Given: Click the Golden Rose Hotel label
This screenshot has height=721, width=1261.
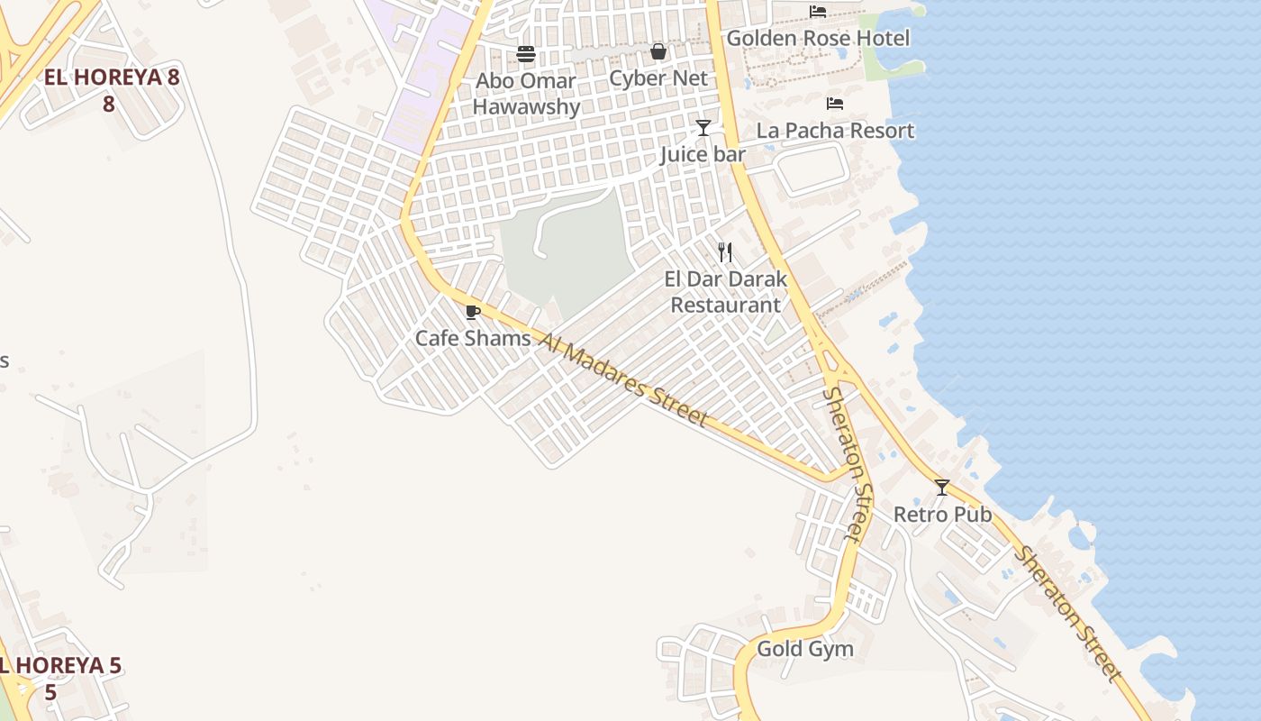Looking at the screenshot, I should click(x=818, y=39).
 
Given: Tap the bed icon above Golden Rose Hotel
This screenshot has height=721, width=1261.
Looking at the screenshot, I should click(x=818, y=12).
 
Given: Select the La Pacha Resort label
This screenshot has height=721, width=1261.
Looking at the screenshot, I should click(x=835, y=131).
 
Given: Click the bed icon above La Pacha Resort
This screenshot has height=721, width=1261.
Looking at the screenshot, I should click(x=835, y=104).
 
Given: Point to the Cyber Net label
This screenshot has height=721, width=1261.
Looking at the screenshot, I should click(x=658, y=78).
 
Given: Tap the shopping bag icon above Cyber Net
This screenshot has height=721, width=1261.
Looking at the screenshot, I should click(x=658, y=52).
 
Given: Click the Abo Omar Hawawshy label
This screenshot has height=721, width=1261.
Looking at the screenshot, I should click(x=526, y=94).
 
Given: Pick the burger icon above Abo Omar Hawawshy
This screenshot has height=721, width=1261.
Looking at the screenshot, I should click(x=526, y=54).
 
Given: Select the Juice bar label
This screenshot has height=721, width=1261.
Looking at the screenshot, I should click(x=703, y=154).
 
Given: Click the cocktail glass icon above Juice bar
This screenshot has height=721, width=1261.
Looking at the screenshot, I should click(x=703, y=128).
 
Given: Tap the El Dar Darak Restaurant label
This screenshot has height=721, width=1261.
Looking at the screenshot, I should click(x=726, y=292).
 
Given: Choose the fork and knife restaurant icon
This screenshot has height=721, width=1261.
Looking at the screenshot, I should click(x=725, y=251).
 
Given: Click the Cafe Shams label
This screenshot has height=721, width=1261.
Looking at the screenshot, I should click(x=473, y=339).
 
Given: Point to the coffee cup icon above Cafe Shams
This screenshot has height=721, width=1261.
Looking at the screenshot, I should click(x=472, y=313).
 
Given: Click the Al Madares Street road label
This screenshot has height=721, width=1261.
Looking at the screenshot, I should click(x=623, y=379).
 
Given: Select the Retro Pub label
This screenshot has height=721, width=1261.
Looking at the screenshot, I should click(x=942, y=515).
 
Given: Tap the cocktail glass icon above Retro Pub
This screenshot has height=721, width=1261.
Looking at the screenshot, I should click(x=942, y=488).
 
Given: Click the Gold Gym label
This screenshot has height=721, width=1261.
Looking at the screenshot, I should click(x=805, y=649).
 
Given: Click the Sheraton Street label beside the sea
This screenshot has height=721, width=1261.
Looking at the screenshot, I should click(x=1068, y=614).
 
